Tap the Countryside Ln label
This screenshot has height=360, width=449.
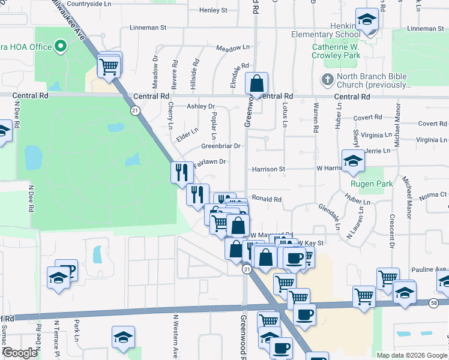point(91,4)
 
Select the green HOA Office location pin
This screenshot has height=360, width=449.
point(60,46)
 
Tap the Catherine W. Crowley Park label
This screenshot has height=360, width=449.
point(336,51)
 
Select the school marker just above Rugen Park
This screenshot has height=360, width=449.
point(353,160)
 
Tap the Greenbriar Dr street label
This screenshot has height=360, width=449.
point(220,146)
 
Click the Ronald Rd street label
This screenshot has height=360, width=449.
point(267,199)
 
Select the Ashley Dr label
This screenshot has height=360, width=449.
point(200,106)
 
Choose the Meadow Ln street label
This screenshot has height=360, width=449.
point(232,47)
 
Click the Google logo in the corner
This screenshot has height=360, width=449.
point(20,353)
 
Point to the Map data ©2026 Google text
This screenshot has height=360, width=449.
point(411,355)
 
